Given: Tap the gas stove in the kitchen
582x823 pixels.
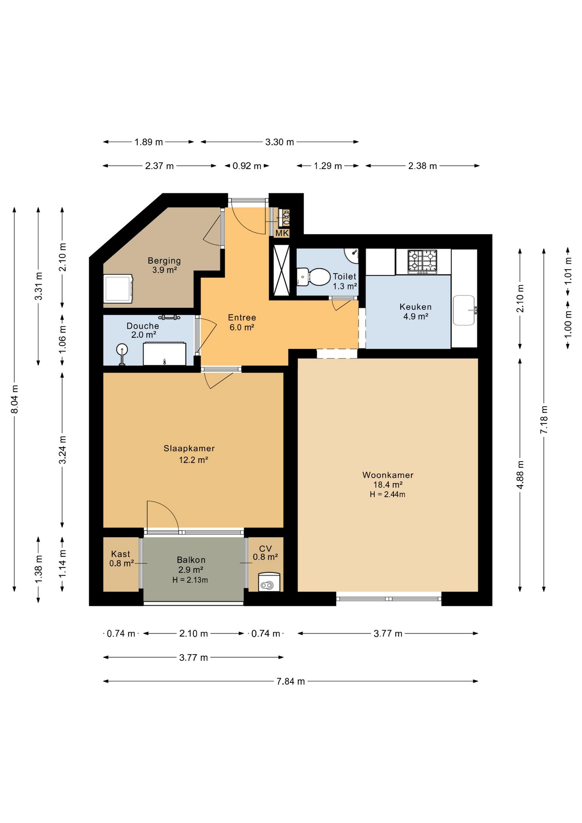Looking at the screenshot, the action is click(422, 261).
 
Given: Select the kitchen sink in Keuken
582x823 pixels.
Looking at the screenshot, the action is click(465, 310).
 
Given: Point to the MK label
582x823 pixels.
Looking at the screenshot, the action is click(282, 233).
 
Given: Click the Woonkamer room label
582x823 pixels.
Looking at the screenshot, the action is click(388, 475).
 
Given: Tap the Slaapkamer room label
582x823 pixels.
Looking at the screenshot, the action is click(189, 448).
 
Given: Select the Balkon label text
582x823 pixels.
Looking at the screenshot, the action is click(191, 560).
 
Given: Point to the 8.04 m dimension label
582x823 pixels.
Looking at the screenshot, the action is click(15, 399).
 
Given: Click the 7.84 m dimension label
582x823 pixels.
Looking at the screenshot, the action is click(291, 681).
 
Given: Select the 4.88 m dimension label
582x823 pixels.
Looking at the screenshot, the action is click(520, 475).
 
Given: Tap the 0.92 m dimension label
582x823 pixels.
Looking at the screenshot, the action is click(247, 166).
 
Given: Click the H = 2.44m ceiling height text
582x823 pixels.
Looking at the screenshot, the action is click(387, 494).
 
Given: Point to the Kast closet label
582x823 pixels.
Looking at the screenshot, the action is click(120, 554).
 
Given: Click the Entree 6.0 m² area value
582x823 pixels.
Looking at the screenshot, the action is click(242, 327).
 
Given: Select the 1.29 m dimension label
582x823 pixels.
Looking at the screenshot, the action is click(328, 166).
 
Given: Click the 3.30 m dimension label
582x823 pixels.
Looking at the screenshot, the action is click(279, 142).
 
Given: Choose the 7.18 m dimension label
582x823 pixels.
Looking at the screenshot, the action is click(544, 420).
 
